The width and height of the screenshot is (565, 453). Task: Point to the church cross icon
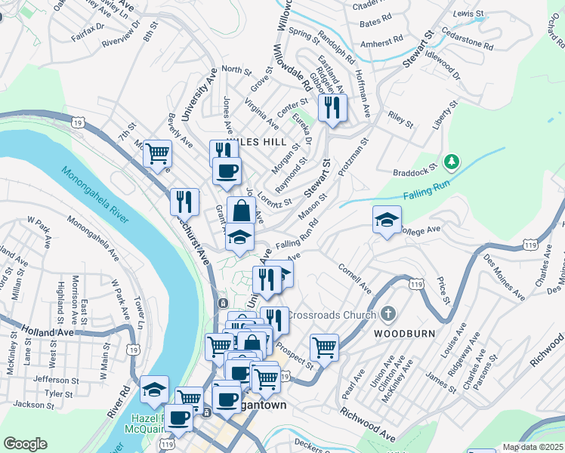[x=387, y=313]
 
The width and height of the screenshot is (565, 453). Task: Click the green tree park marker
[x=452, y=161]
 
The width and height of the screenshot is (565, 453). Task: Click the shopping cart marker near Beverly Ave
[x=157, y=153]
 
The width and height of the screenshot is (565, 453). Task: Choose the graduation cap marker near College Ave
[x=387, y=220]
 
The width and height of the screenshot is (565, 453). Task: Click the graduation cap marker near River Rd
[x=154, y=389]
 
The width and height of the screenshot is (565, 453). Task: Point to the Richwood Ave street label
[x=369, y=425]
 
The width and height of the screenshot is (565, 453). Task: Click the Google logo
[x=26, y=443]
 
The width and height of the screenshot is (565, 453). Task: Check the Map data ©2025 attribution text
[x=532, y=447]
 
